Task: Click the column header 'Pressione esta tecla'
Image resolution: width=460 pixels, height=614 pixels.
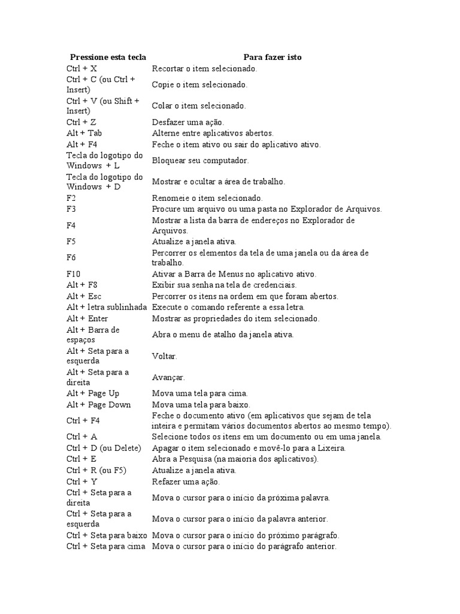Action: pyautogui.click(x=108, y=57)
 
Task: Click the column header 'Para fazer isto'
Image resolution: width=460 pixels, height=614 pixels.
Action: pyautogui.click(x=273, y=57)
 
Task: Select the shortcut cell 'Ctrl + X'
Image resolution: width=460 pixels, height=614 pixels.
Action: pyautogui.click(x=82, y=69)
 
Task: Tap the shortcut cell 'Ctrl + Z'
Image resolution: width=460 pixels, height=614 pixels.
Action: pyautogui.click(x=81, y=122)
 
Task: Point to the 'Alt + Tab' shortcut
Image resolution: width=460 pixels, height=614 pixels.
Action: pyautogui.click(x=84, y=133)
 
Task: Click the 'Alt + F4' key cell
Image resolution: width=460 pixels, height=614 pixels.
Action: pyautogui.click(x=82, y=145)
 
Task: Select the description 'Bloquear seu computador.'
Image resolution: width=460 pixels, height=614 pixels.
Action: pyautogui.click(x=200, y=161)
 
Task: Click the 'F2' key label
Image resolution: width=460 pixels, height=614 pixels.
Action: pyautogui.click(x=72, y=198)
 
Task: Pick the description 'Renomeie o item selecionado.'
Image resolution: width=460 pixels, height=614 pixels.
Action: pyautogui.click(x=207, y=198)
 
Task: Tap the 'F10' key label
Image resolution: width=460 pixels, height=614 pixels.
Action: pyautogui.click(x=74, y=274)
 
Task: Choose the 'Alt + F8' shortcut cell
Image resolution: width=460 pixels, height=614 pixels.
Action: pyautogui.click(x=82, y=285)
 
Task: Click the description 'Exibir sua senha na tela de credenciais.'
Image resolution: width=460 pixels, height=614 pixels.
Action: pyautogui.click(x=225, y=285)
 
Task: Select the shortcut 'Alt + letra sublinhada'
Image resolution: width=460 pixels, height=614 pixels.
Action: pyautogui.click(x=107, y=307)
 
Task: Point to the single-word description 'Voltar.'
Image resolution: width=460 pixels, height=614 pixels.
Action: pyautogui.click(x=165, y=356)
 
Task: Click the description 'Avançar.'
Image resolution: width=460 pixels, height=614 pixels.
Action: pyautogui.click(x=168, y=378)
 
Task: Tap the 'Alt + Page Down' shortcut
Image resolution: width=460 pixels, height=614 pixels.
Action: pyautogui.click(x=99, y=405)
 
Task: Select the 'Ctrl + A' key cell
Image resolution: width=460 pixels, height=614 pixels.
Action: pyautogui.click(x=82, y=437)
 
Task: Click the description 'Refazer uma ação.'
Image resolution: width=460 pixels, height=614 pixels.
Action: pyautogui.click(x=186, y=481)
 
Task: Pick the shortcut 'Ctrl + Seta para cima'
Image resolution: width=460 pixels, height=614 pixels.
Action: pyautogui.click(x=106, y=547)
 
